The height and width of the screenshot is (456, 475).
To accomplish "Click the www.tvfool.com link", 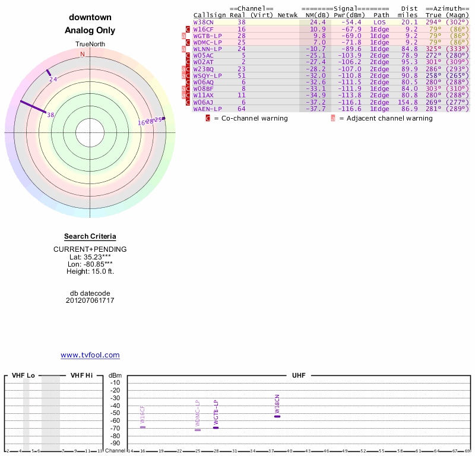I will click(90, 355).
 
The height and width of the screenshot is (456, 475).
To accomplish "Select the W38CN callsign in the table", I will click(203, 22).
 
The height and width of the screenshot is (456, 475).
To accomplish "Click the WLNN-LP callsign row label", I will click(207, 49).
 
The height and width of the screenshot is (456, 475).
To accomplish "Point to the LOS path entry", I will click(379, 22).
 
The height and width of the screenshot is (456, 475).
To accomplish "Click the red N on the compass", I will click(83, 54).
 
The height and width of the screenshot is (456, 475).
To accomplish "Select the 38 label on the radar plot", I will click(50, 115).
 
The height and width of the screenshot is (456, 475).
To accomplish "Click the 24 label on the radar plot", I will click(53, 80).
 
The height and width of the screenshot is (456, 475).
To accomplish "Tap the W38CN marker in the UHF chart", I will click(277, 416).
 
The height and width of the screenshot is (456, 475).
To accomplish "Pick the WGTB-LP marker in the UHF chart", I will click(216, 427).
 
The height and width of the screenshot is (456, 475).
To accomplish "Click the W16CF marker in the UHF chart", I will click(142, 427).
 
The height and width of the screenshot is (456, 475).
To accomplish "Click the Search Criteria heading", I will click(90, 237).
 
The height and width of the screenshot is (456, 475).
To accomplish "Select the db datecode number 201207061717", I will click(90, 300).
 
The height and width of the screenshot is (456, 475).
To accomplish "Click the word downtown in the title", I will click(90, 17).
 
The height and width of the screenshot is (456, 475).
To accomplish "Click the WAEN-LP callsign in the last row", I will click(207, 109).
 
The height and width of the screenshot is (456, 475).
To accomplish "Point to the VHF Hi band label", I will click(82, 375).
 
